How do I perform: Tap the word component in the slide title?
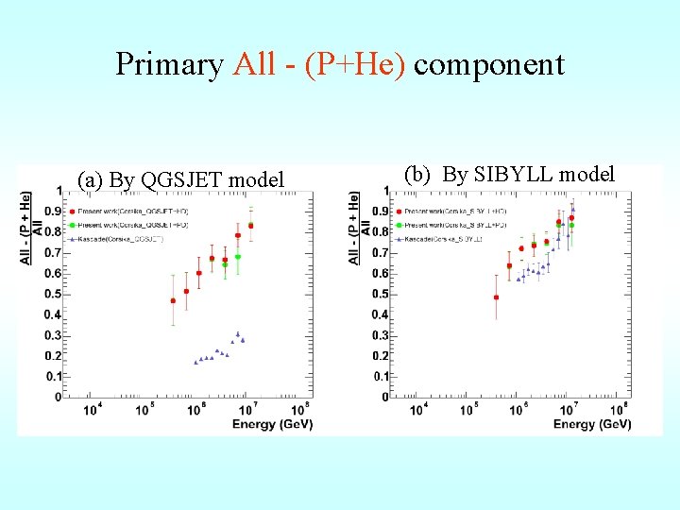pos(488,64)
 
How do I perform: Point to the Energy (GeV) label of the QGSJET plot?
pos(267,425)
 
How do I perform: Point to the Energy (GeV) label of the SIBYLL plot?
pos(592,425)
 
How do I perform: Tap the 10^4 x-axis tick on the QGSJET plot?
pos(93,410)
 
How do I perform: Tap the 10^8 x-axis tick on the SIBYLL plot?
pos(620,410)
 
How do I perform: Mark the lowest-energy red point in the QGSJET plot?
pos(173,300)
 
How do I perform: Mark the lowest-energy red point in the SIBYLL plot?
pos(497,297)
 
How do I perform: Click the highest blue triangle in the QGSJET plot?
pos(238,333)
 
